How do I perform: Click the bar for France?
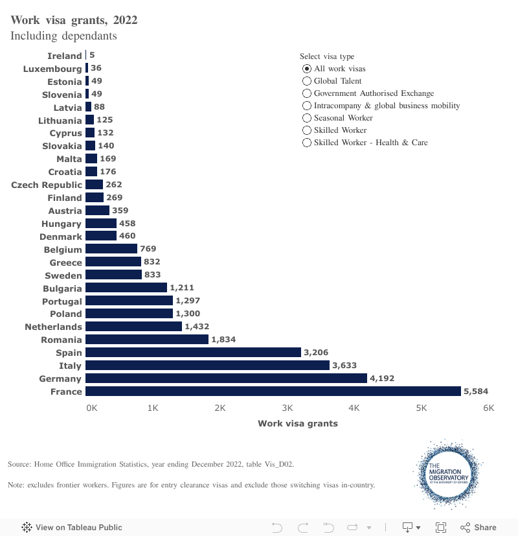(273, 391)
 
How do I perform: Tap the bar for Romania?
(147, 340)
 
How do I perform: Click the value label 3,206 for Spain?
(316, 353)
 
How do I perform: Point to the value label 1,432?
(197, 327)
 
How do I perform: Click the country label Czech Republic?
(47, 185)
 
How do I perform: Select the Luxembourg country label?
(52, 69)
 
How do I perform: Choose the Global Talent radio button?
(307, 81)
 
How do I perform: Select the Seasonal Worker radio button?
(307, 118)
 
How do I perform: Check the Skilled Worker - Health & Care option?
(307, 143)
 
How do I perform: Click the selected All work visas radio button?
(307, 69)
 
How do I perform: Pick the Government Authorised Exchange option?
(307, 93)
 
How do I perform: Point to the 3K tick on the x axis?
(287, 408)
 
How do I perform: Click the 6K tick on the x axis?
(488, 408)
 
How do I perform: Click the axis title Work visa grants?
(297, 423)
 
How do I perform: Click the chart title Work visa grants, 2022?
(74, 20)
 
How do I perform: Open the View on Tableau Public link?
(72, 527)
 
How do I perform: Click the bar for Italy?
(207, 366)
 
